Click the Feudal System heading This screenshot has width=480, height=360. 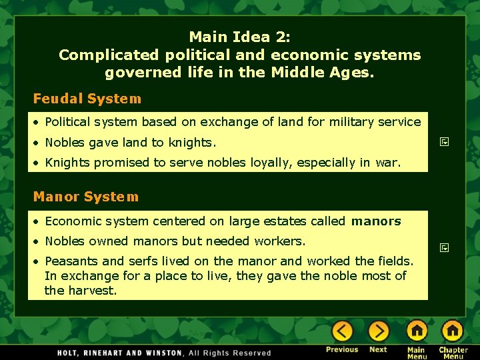[87, 99]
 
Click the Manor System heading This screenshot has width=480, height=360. [86, 197]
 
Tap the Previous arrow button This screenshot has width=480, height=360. [342, 331]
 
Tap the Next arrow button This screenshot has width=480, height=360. [378, 331]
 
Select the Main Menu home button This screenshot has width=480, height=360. [417, 331]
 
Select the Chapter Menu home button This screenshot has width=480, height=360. [453, 331]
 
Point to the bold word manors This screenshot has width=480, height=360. [376, 221]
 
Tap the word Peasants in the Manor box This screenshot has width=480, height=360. [71, 261]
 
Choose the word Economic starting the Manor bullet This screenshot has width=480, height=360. [72, 221]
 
